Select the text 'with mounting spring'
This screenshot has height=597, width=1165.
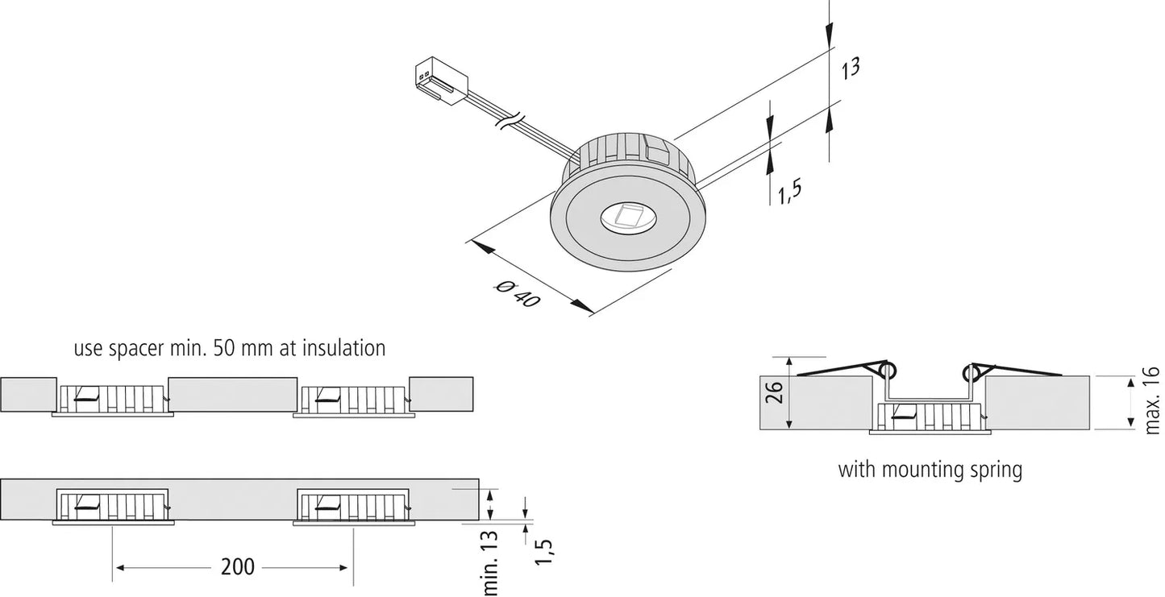pyautogui.click(x=930, y=469)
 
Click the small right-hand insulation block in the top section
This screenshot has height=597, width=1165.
pyautogui.click(x=441, y=393)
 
